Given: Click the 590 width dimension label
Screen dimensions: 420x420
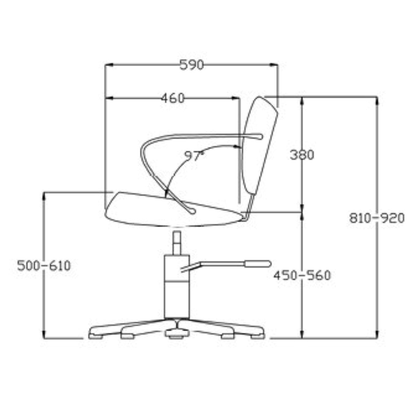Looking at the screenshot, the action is pos(191,65).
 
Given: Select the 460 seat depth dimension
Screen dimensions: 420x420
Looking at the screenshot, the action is pos(173,98).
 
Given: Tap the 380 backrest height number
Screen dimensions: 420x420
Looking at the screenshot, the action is pos(302,155).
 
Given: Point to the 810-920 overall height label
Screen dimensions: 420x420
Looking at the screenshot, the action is pos(377,218).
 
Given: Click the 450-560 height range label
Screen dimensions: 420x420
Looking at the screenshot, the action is pos(302,275).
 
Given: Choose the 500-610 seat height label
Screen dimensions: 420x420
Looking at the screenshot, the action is pos(44,266).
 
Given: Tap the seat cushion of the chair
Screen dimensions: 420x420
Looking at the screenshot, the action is pos(174,210).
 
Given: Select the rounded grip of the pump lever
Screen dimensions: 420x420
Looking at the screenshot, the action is pos(258,264).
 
